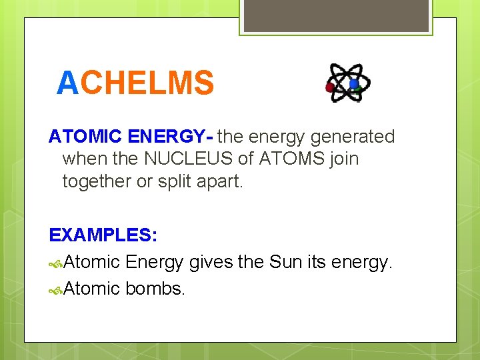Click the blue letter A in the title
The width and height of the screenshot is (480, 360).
tap(68, 84)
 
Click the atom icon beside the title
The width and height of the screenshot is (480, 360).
tap(347, 83)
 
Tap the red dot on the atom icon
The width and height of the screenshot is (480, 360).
tap(329, 87)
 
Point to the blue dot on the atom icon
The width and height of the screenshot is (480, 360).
tap(353, 84)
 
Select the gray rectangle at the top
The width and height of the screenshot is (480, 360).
tap(335, 15)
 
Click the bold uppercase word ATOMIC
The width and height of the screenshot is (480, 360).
tap(85, 137)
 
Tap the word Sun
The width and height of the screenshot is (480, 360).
tap(286, 263)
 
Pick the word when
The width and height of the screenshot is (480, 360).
tap(79, 159)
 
